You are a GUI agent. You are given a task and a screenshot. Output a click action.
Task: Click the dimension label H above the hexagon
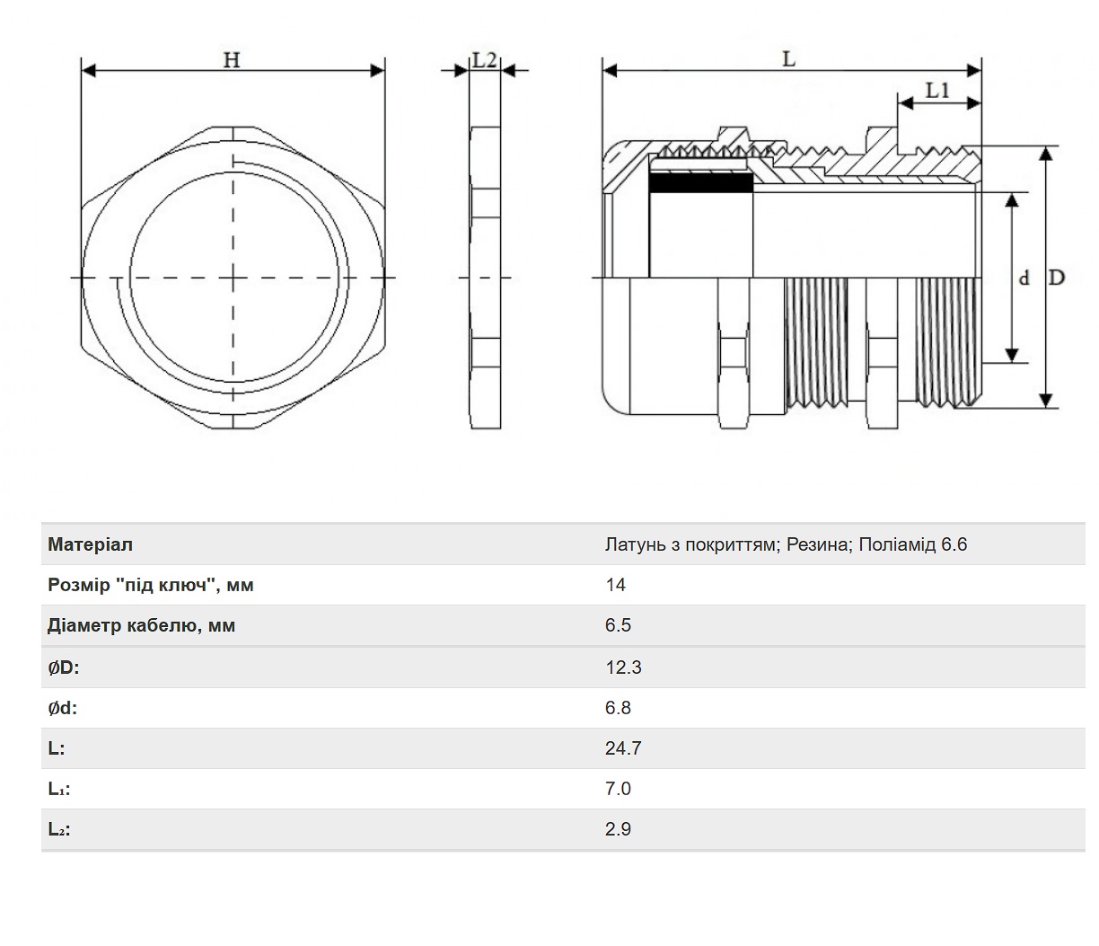point(232,60)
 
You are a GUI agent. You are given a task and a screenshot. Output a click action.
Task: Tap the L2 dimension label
point(484,60)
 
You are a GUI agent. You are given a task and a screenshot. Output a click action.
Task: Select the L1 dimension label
point(937,91)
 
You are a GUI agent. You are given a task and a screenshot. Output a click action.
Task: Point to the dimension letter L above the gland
point(789,59)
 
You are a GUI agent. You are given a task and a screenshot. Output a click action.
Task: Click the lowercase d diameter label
point(1024,278)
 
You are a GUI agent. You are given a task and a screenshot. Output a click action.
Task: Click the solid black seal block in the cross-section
point(700,183)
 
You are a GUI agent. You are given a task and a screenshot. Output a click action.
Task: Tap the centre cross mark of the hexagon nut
point(233,278)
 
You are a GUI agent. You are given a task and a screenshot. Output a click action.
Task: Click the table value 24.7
point(623,748)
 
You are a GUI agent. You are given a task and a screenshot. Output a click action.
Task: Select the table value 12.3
point(623,668)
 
